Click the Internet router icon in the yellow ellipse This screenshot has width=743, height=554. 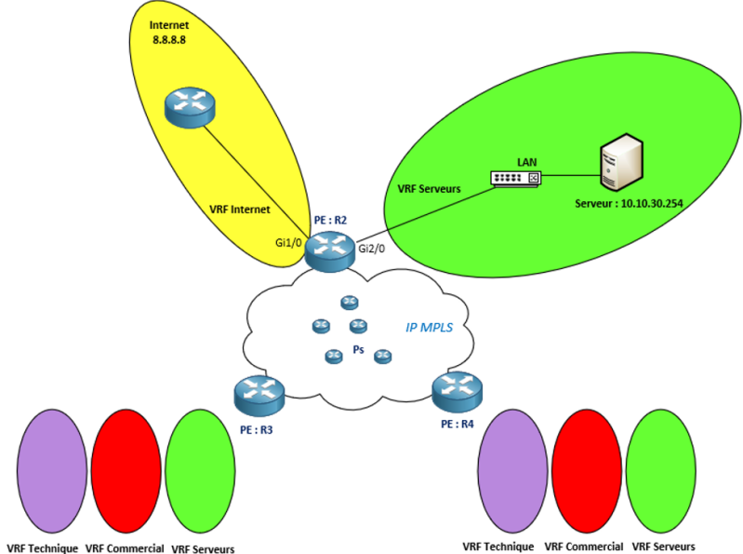coord(189,107)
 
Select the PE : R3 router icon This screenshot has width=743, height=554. coord(259,396)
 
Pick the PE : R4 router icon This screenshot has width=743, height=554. coord(457,391)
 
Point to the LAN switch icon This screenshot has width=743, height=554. coord(515,178)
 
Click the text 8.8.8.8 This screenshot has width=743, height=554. coord(169,41)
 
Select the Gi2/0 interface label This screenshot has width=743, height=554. coord(372,249)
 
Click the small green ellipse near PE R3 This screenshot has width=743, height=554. coord(199,469)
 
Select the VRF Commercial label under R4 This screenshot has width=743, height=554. coord(583,547)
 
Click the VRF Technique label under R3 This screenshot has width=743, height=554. coord(42,548)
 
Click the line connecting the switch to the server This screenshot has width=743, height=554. coord(568,173)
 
